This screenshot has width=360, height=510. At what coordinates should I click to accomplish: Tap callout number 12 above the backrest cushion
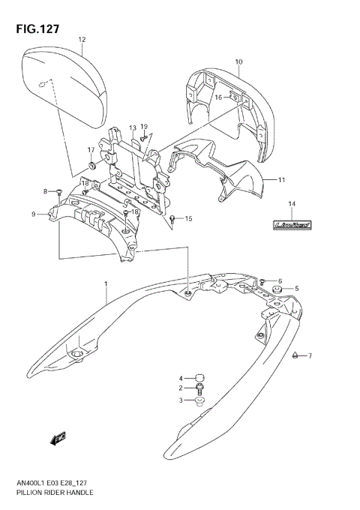81,38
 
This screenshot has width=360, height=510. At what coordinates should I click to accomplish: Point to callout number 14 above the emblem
292,204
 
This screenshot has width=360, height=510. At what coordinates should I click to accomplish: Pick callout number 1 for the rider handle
106,284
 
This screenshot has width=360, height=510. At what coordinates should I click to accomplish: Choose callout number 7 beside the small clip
309,355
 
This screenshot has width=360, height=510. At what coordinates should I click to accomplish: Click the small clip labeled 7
296,355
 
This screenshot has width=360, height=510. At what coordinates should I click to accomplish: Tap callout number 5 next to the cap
296,289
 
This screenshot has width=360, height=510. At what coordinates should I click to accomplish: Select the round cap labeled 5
277,287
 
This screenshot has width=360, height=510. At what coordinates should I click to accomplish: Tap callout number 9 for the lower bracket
34,214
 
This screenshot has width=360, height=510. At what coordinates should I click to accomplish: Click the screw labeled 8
58,192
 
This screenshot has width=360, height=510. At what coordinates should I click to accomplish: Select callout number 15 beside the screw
188,219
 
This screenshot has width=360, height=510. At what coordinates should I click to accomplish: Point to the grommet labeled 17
92,163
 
